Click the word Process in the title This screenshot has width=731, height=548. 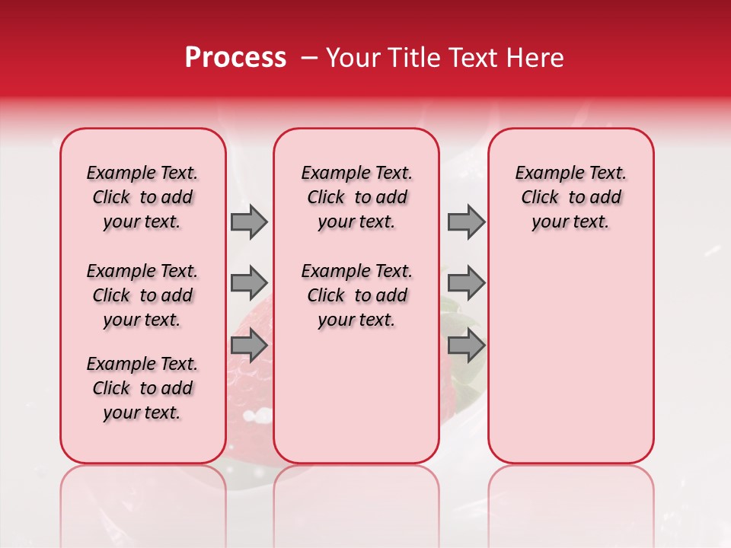(x=235, y=58)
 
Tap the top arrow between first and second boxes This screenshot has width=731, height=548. (x=249, y=221)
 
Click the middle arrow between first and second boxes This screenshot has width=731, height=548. (x=249, y=282)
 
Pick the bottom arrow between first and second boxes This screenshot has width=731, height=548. (x=249, y=346)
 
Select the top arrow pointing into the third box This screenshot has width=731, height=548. (x=466, y=221)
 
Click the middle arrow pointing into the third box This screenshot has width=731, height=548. (x=466, y=282)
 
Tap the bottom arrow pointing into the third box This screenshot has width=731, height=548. (x=466, y=346)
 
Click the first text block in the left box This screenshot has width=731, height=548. (x=142, y=197)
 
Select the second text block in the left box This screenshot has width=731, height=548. (x=142, y=295)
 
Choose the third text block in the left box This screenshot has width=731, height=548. (x=142, y=388)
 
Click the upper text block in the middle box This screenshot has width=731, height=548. (x=356, y=197)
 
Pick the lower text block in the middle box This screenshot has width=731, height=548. (x=356, y=295)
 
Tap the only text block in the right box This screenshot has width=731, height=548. (x=570, y=197)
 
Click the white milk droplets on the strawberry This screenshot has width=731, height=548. (x=263, y=415)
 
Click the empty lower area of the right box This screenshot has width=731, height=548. (x=570, y=365)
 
